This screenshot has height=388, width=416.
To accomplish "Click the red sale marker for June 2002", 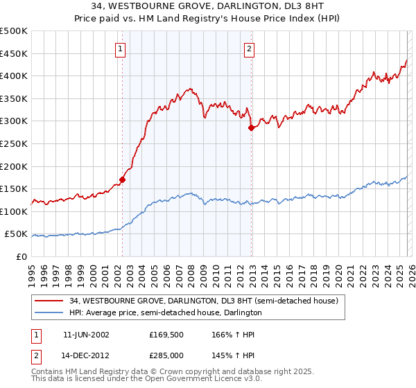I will tap(123, 179).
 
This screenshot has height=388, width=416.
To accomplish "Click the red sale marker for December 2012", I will tap(251, 127).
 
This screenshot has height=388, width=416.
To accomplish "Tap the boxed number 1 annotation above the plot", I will tap(121, 48).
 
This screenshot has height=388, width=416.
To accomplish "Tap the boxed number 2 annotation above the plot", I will tap(249, 48).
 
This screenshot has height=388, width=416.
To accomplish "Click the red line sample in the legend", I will tap(50, 301).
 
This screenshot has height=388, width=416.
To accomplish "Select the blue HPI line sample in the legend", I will tap(50, 313).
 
